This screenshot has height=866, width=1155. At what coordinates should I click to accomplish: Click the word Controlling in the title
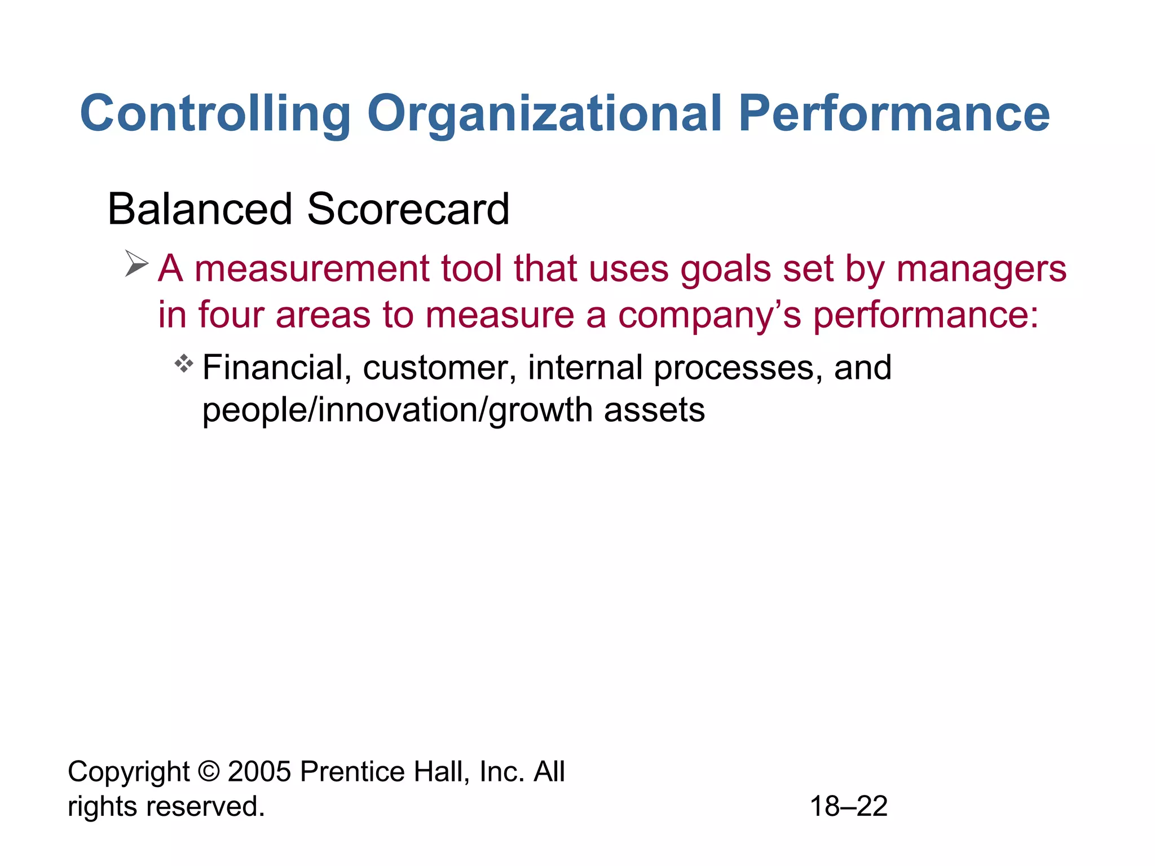215,114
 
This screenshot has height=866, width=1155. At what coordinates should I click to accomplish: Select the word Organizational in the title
544,114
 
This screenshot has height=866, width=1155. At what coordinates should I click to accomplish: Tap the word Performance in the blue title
894,114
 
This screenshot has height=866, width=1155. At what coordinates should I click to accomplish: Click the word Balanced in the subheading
200,209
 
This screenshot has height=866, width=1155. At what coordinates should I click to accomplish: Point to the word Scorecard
408,209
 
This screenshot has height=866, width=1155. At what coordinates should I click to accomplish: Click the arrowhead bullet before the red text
136,264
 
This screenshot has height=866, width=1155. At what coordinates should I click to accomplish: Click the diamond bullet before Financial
184,364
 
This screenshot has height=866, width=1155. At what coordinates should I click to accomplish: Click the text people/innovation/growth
397,410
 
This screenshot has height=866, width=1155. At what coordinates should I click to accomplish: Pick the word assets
654,410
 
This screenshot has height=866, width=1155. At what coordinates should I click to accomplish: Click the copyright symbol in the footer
209,772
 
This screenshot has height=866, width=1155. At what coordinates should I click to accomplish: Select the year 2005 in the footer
260,772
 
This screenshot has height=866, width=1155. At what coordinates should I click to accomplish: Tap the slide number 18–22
849,807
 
